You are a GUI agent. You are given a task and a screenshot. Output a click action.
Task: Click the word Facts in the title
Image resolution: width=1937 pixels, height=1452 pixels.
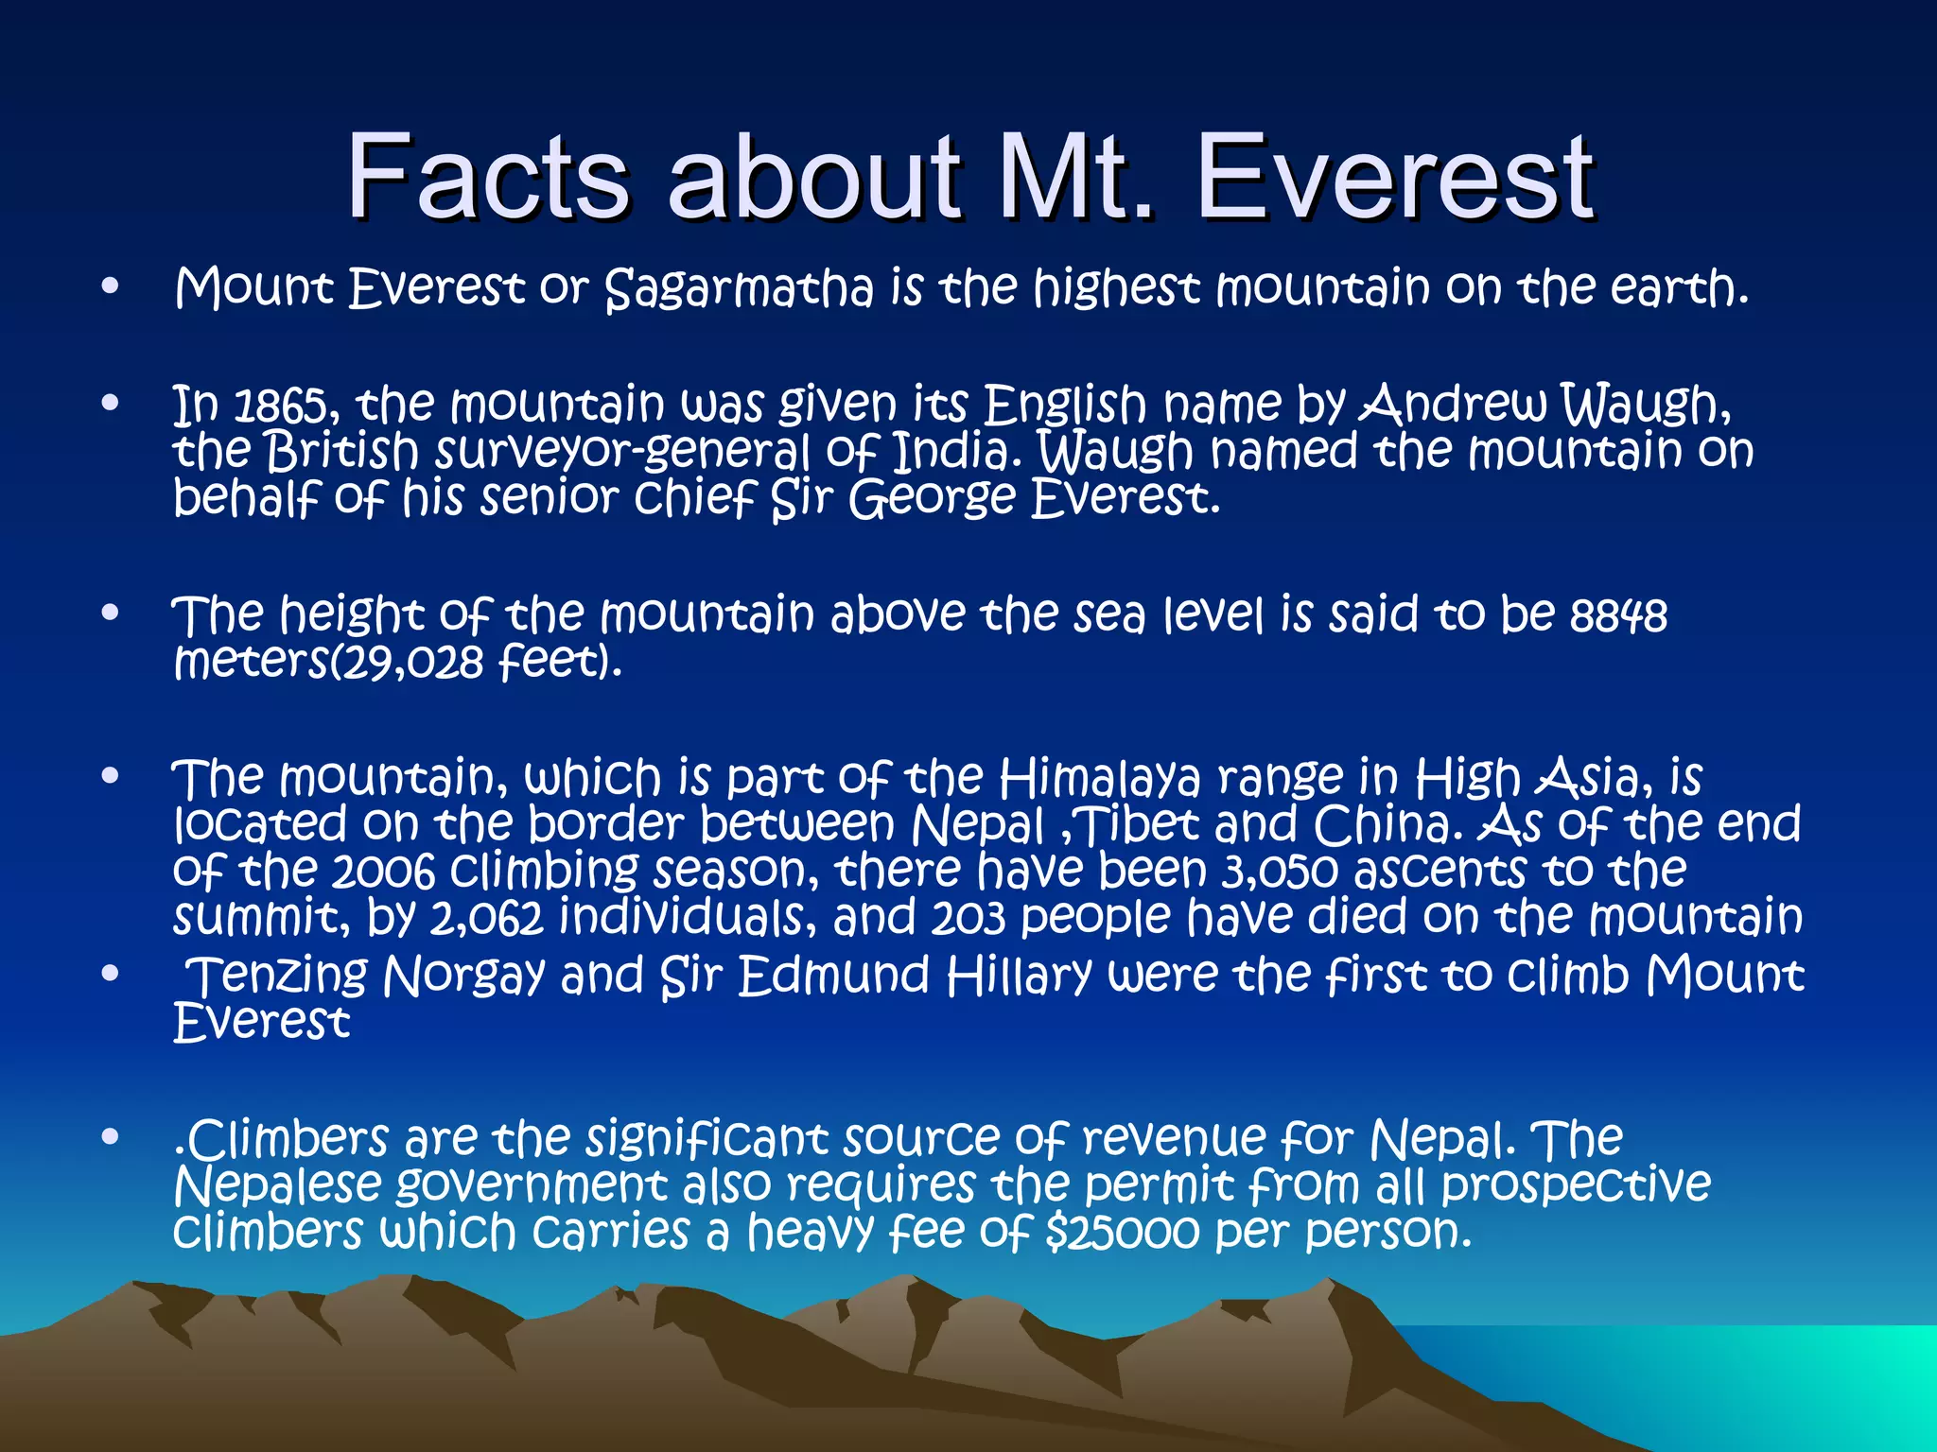click(x=487, y=177)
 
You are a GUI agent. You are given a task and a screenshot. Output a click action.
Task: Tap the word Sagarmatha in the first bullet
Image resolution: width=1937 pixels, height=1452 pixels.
click(x=739, y=288)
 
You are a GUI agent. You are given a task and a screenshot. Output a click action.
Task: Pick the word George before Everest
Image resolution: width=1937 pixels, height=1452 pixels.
click(x=931, y=498)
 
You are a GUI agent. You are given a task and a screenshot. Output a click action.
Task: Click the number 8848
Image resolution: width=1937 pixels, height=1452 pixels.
click(x=1618, y=616)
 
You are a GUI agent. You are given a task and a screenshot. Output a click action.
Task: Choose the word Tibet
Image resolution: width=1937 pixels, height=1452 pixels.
click(x=1141, y=825)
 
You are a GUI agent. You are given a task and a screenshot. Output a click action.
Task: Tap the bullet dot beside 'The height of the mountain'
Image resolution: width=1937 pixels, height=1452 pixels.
click(x=111, y=614)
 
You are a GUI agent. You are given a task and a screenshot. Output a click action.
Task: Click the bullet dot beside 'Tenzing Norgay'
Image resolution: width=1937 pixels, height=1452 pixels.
click(x=111, y=973)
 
